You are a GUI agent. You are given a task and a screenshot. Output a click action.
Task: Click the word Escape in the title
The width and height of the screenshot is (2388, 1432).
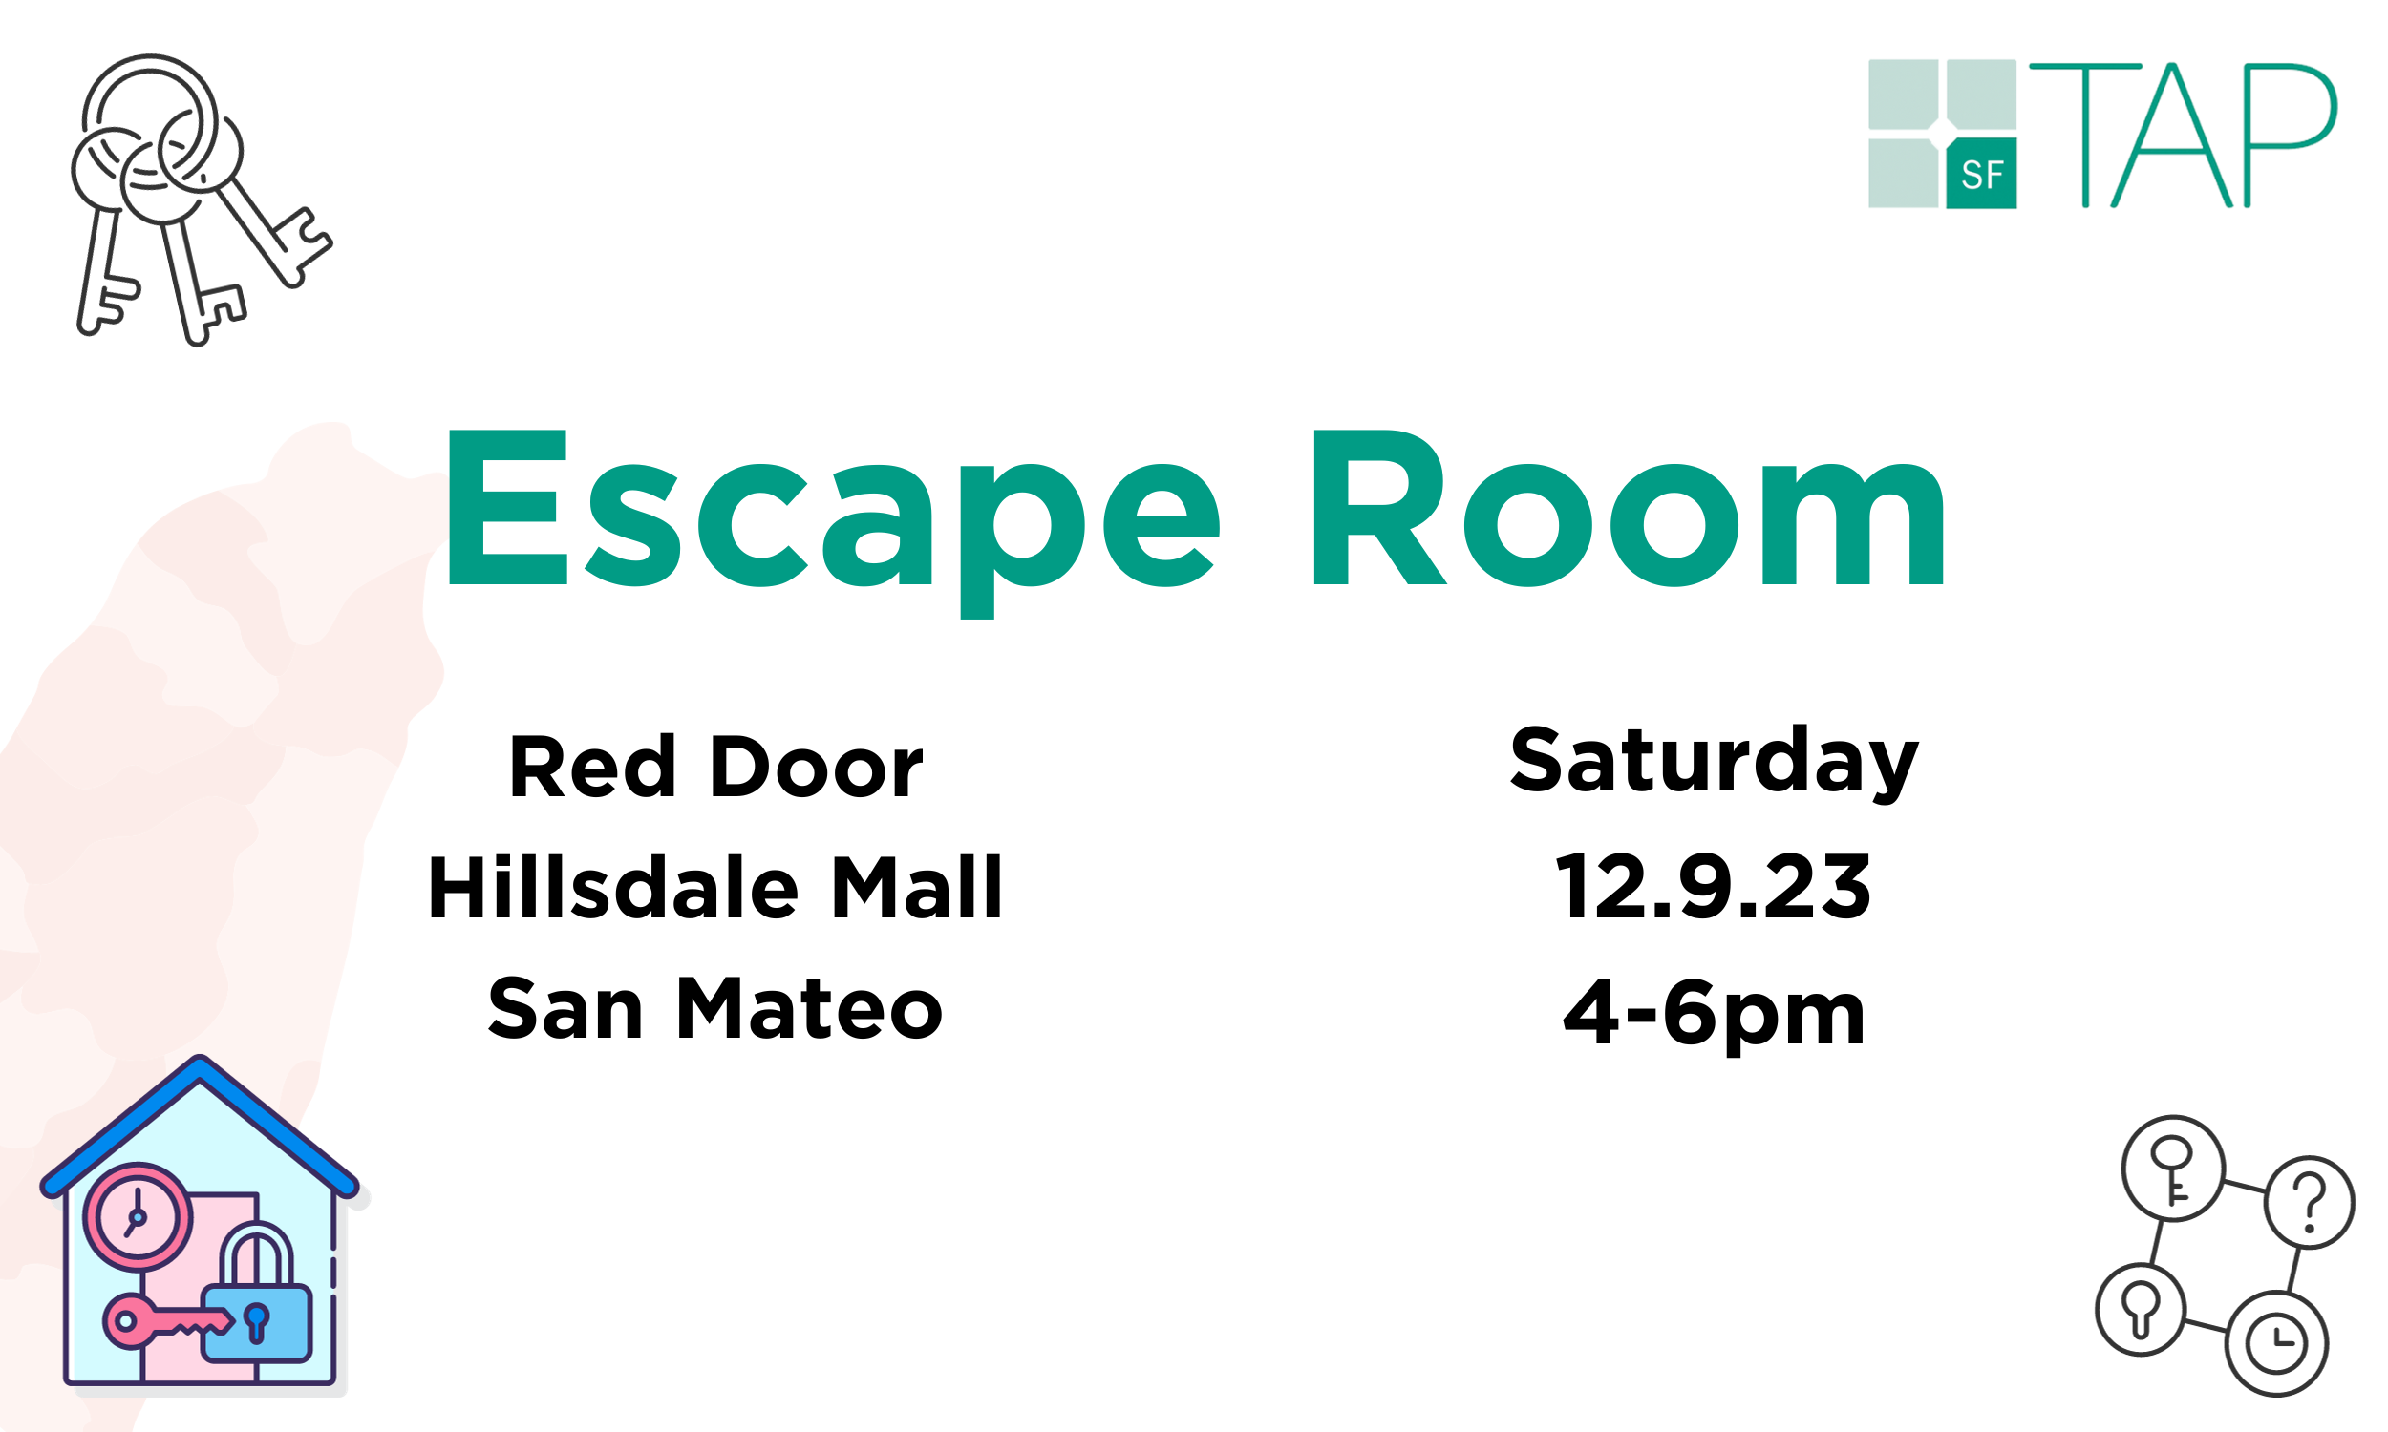click(830, 512)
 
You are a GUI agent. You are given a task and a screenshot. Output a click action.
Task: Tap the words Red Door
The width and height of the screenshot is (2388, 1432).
click(715, 769)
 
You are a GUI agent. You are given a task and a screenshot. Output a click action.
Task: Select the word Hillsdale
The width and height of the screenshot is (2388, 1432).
click(613, 888)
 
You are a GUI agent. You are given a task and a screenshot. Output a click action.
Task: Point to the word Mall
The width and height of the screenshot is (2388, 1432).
click(916, 888)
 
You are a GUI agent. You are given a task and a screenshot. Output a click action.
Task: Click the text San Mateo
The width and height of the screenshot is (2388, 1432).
click(715, 1009)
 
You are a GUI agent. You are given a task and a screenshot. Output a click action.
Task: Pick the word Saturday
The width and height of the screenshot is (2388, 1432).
click(1715, 763)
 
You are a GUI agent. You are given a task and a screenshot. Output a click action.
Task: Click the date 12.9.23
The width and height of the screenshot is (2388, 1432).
click(1715, 888)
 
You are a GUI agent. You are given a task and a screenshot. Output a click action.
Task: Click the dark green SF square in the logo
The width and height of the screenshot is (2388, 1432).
click(1981, 174)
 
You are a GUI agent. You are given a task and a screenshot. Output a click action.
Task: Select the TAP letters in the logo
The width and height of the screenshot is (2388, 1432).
click(2182, 136)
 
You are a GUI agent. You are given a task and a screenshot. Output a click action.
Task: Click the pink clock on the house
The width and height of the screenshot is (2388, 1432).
click(137, 1218)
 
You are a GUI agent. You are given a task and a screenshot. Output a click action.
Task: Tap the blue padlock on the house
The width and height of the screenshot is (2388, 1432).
click(257, 1313)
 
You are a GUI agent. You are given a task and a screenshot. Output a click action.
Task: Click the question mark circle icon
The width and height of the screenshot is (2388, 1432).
click(2310, 1202)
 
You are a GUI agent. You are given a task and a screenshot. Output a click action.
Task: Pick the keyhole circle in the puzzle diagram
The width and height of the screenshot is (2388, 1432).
click(2140, 1310)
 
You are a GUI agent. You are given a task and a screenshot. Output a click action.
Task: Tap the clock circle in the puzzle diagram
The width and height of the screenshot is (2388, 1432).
click(2277, 1344)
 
